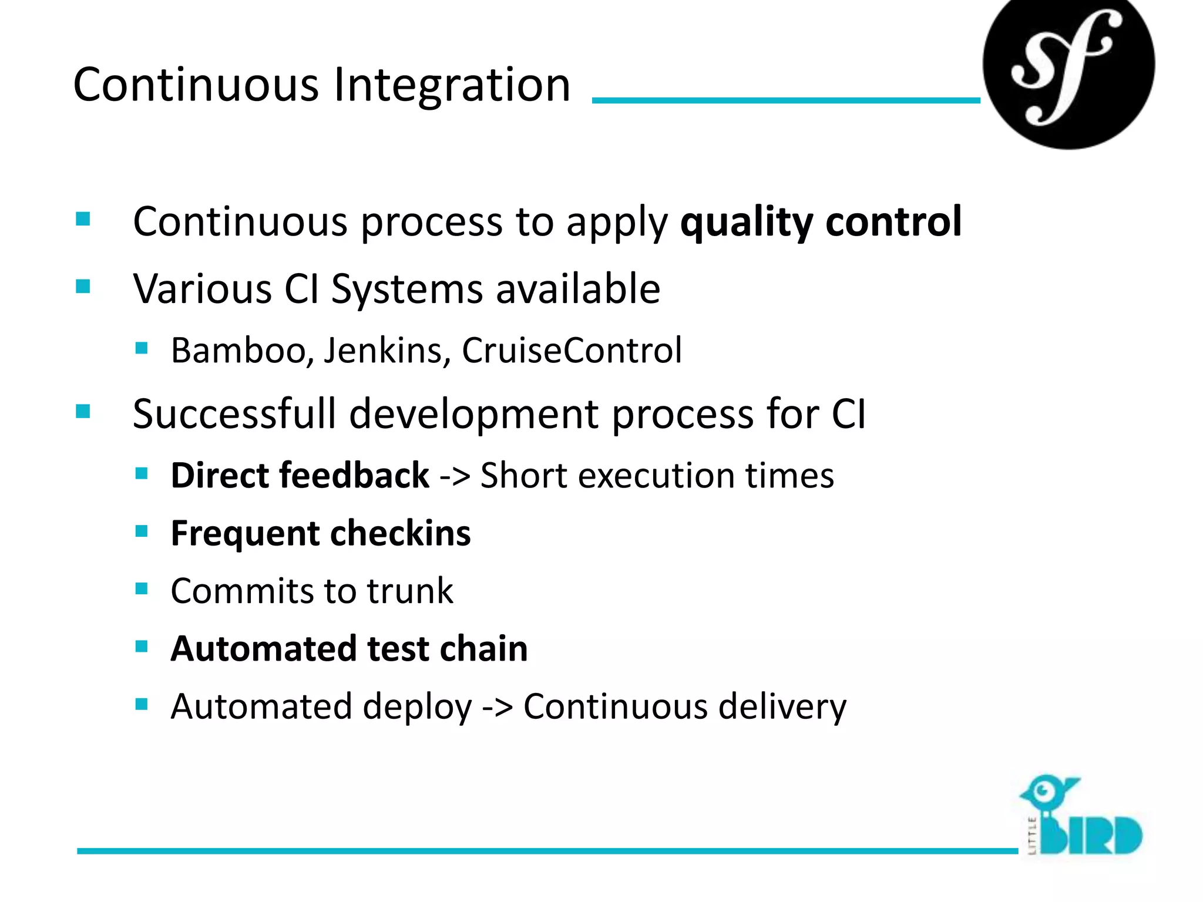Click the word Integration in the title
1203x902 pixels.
[452, 86]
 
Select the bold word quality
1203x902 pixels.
[746, 223]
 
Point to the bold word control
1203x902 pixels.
[893, 222]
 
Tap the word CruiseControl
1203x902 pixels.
[572, 351]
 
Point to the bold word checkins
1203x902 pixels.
[401, 533]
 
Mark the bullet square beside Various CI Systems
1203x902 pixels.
[83, 287]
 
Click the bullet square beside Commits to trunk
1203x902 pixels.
[142, 588]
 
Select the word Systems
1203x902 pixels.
[406, 290]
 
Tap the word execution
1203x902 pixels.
[656, 475]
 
